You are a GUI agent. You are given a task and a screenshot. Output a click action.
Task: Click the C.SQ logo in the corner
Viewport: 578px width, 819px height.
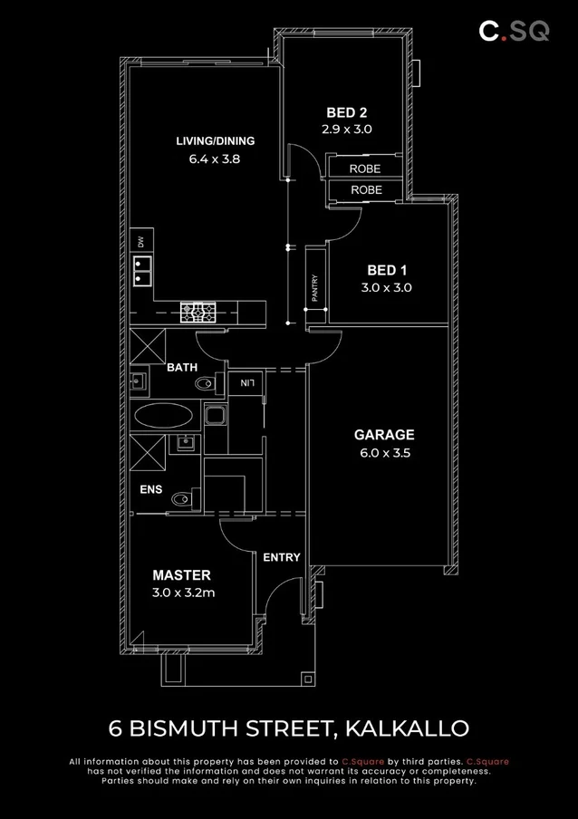click(x=514, y=31)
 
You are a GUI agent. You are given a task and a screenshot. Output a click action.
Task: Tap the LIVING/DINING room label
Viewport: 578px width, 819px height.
click(x=215, y=140)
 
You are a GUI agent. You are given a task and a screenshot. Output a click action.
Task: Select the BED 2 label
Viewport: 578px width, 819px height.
click(x=346, y=113)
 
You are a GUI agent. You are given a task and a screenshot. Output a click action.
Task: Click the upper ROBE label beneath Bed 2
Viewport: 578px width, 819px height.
click(x=365, y=169)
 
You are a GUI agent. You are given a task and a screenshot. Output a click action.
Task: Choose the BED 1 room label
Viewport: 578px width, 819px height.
click(x=387, y=270)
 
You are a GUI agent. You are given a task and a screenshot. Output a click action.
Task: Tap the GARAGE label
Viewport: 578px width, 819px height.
click(x=383, y=435)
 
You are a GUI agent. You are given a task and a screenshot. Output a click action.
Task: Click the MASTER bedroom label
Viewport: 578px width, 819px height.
click(x=181, y=575)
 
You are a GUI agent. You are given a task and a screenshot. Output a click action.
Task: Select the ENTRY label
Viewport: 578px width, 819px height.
click(x=281, y=557)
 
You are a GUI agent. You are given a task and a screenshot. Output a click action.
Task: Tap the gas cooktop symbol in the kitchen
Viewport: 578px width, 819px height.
click(x=197, y=313)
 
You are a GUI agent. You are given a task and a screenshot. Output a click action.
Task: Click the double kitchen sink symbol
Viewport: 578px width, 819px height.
click(x=141, y=271)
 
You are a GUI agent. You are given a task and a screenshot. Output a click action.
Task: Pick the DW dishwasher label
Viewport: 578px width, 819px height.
click(x=140, y=242)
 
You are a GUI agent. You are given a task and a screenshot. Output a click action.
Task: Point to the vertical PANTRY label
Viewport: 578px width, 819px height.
click(x=314, y=288)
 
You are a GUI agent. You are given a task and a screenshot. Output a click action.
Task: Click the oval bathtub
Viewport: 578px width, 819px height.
click(x=163, y=418)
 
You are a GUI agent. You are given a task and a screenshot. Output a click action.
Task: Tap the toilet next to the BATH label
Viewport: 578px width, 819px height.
click(x=207, y=384)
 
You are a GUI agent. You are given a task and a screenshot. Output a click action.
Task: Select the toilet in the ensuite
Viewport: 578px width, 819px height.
click(x=185, y=497)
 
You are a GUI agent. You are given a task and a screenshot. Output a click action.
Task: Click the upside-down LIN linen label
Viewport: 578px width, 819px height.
click(x=246, y=383)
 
